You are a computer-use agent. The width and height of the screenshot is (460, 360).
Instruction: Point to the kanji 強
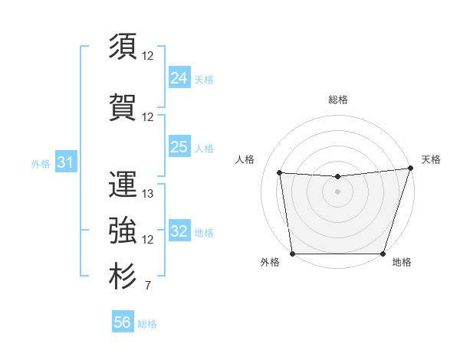pos(123,229)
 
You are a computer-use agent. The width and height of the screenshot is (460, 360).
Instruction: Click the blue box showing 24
pos(179,77)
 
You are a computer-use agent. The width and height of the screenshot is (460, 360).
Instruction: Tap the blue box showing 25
pos(179,147)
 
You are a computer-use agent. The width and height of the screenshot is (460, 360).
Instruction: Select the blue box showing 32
pos(179,231)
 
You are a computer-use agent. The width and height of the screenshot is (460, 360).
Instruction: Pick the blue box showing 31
pos(65,162)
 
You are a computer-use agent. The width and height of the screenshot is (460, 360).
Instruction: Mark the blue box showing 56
pos(122,322)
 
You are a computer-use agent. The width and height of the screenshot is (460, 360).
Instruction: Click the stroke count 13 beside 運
pos(148,194)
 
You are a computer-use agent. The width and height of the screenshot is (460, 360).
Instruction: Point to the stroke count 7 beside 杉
pos(147,286)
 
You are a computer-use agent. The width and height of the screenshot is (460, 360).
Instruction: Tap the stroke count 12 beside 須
pos(148,55)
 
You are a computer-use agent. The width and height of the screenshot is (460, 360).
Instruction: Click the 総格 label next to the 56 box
pos(147,324)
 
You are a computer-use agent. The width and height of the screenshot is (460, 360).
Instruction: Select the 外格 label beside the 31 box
pos(41,163)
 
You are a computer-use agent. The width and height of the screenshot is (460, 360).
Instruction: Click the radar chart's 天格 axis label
pos(432,159)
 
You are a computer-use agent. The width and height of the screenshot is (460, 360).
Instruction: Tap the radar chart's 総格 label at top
pos(337,100)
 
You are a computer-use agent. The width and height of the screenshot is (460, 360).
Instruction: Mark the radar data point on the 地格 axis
pos(383,254)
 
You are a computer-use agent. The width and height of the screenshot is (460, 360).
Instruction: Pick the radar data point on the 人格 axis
pos(280,173)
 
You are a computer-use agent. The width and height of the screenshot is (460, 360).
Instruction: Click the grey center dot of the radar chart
pos(337,191)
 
